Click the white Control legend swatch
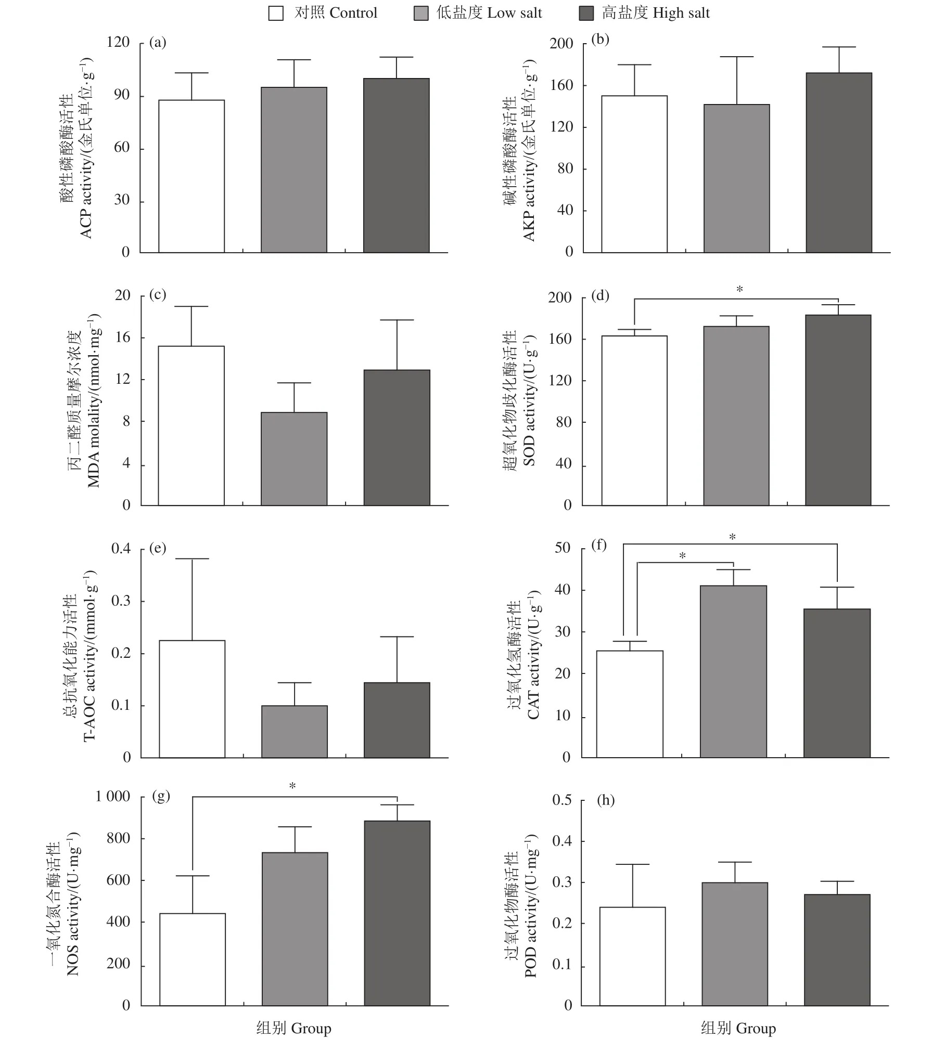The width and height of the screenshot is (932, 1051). coord(276,14)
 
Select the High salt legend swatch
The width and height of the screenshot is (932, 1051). coord(586,14)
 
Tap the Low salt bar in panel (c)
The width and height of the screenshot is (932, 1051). coord(294,458)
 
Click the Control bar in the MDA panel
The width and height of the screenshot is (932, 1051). coord(191,425)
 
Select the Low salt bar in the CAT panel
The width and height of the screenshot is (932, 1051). coord(733,671)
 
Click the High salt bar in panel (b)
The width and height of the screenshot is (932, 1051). coord(838,162)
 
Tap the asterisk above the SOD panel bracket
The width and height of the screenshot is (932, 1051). coord(739,290)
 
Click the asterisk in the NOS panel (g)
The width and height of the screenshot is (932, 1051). coord(292,787)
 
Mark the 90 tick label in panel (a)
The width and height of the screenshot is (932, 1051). coord(122,95)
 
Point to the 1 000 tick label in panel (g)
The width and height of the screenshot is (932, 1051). coord(112,796)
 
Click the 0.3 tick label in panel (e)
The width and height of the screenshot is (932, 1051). coord(121,601)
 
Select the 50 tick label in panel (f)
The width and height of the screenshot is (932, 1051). coord(563,548)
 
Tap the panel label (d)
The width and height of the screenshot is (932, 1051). coord(600,296)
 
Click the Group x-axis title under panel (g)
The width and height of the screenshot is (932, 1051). coord(293,1028)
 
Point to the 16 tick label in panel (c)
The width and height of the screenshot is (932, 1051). coord(123,338)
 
